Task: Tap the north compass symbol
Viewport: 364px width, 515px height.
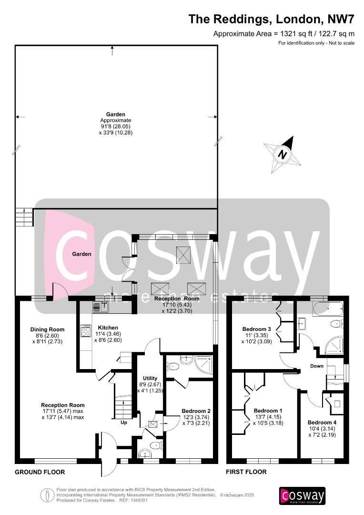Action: tap(283, 154)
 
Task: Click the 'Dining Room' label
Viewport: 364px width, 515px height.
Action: tap(47, 330)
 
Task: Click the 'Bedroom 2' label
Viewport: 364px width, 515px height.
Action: tap(196, 411)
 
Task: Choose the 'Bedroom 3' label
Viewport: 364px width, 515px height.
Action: tap(257, 329)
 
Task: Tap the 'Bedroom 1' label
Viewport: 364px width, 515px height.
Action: tap(268, 411)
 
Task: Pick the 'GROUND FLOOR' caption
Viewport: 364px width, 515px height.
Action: tap(40, 472)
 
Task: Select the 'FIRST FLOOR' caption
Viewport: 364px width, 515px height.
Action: tap(247, 472)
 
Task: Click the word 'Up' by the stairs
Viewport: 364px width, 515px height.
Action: tap(124, 422)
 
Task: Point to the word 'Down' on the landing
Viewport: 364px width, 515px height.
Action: tap(317, 366)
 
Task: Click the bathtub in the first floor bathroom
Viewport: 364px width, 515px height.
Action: tap(328, 308)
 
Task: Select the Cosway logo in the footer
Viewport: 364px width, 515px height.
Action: tap(302, 496)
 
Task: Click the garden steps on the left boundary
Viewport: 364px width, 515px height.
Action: tap(24, 217)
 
